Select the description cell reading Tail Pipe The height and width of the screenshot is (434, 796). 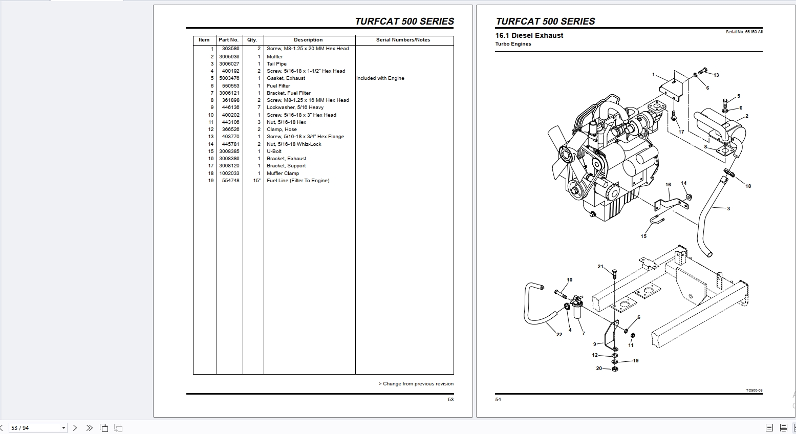point(276,64)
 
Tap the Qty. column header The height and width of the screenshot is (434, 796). point(252,40)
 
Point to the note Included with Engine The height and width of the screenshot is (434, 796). point(380,78)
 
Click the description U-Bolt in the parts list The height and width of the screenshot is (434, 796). point(274,151)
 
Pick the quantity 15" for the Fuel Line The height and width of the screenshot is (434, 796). point(257,181)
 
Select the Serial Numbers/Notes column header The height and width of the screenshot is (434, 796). point(403,40)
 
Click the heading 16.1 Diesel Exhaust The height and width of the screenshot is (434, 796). point(529,35)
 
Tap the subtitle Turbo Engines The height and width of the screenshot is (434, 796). point(513,44)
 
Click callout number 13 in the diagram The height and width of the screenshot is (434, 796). point(716,75)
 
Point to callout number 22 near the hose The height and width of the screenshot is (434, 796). point(559,335)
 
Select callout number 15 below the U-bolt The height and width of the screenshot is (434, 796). point(643,236)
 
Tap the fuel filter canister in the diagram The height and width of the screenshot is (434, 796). point(578,311)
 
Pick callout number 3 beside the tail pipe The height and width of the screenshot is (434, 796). point(728,209)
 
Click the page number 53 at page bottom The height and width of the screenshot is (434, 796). point(450,400)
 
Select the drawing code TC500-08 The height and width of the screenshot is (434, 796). point(754,390)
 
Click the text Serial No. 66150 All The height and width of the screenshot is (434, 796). point(744,32)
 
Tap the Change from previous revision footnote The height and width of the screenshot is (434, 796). point(416,384)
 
